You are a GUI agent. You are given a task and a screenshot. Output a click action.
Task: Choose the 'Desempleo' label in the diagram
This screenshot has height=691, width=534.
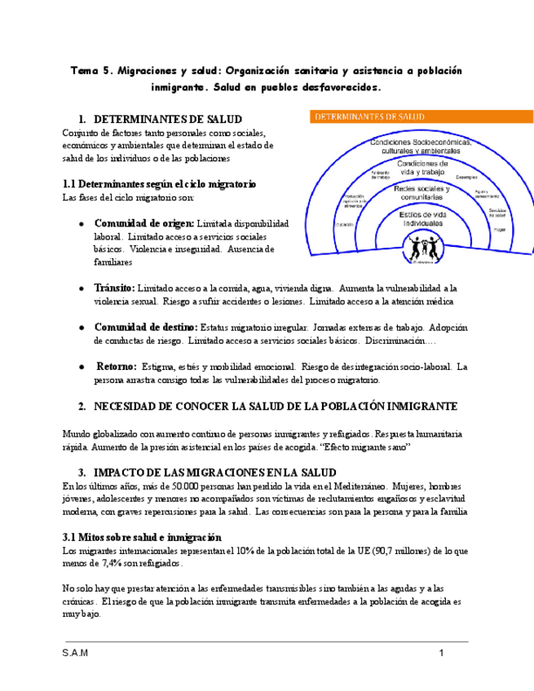[467, 177]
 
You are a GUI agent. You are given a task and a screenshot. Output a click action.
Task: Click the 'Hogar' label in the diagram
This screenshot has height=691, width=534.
[498, 230]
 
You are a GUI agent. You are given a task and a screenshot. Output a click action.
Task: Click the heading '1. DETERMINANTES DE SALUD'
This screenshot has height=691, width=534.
[160, 119]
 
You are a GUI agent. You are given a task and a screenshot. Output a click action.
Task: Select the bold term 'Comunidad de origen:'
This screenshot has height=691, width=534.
[144, 223]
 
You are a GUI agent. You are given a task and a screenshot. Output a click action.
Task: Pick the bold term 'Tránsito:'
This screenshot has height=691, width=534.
[114, 288]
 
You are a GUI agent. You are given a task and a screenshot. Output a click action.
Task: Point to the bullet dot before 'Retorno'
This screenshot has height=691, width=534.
[82, 367]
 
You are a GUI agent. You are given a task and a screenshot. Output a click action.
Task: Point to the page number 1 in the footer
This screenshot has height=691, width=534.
[441, 654]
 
